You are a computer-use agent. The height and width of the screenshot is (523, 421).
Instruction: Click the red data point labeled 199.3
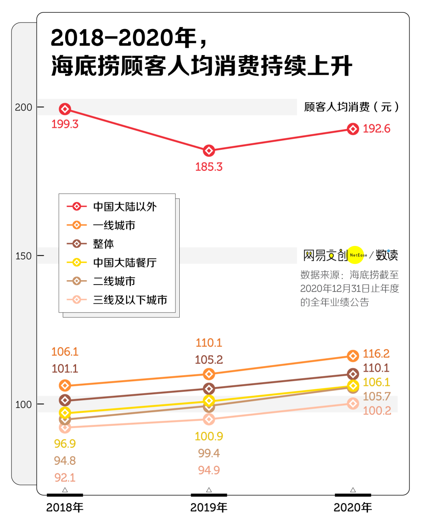[x=65, y=109]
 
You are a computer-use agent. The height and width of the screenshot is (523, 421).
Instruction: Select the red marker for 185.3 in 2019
[x=209, y=150]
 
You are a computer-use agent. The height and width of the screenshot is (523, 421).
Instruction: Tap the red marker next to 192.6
[x=353, y=129]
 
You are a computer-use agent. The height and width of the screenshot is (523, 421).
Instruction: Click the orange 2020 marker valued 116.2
[x=353, y=356]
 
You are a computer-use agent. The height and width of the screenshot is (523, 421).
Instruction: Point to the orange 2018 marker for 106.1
[x=65, y=386]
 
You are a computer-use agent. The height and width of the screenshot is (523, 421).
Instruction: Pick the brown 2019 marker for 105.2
[x=209, y=389]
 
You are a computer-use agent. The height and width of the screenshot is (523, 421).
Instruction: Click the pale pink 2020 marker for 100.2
[x=353, y=404]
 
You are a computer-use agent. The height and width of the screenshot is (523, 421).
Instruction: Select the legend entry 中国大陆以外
[x=125, y=206]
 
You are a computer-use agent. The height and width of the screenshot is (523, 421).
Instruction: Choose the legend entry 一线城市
[x=114, y=225]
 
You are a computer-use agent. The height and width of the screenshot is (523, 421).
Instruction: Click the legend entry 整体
[x=103, y=244]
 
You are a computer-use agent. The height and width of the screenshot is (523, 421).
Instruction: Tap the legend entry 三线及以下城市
[x=130, y=300]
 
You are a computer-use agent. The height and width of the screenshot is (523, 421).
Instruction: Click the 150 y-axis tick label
[x=23, y=256]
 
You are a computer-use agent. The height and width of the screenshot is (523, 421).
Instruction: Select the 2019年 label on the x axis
[x=209, y=507]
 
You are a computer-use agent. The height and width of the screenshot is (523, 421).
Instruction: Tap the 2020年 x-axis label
[x=353, y=507]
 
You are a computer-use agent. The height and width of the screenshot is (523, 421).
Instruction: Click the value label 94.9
[x=209, y=470]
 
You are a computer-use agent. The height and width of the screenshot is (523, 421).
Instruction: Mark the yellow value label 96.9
[x=65, y=444]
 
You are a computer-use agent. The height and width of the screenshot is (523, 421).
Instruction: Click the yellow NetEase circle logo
[x=356, y=255]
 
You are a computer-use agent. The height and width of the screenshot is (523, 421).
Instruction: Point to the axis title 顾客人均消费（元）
[x=351, y=107]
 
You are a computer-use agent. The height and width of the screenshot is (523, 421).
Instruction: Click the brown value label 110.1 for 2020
[x=376, y=368]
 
